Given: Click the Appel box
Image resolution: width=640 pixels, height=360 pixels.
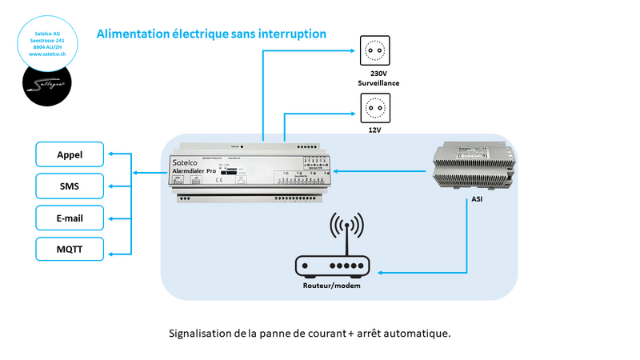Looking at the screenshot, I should (x=70, y=154).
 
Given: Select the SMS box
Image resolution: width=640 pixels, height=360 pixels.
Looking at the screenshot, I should (x=70, y=186).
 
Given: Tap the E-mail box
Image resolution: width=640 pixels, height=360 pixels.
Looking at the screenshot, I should (x=70, y=218).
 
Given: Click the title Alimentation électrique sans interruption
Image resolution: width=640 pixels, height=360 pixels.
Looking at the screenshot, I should (x=211, y=34).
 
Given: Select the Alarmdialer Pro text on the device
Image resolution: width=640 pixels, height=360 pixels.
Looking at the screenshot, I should (x=195, y=171).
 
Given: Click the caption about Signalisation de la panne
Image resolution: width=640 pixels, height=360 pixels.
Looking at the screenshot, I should (x=310, y=333).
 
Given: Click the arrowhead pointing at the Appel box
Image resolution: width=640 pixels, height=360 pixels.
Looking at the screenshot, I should (x=111, y=154).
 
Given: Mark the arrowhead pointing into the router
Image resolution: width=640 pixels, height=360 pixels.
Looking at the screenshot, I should (x=380, y=272).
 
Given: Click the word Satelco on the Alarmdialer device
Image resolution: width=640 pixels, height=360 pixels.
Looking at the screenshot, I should (x=186, y=162).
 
